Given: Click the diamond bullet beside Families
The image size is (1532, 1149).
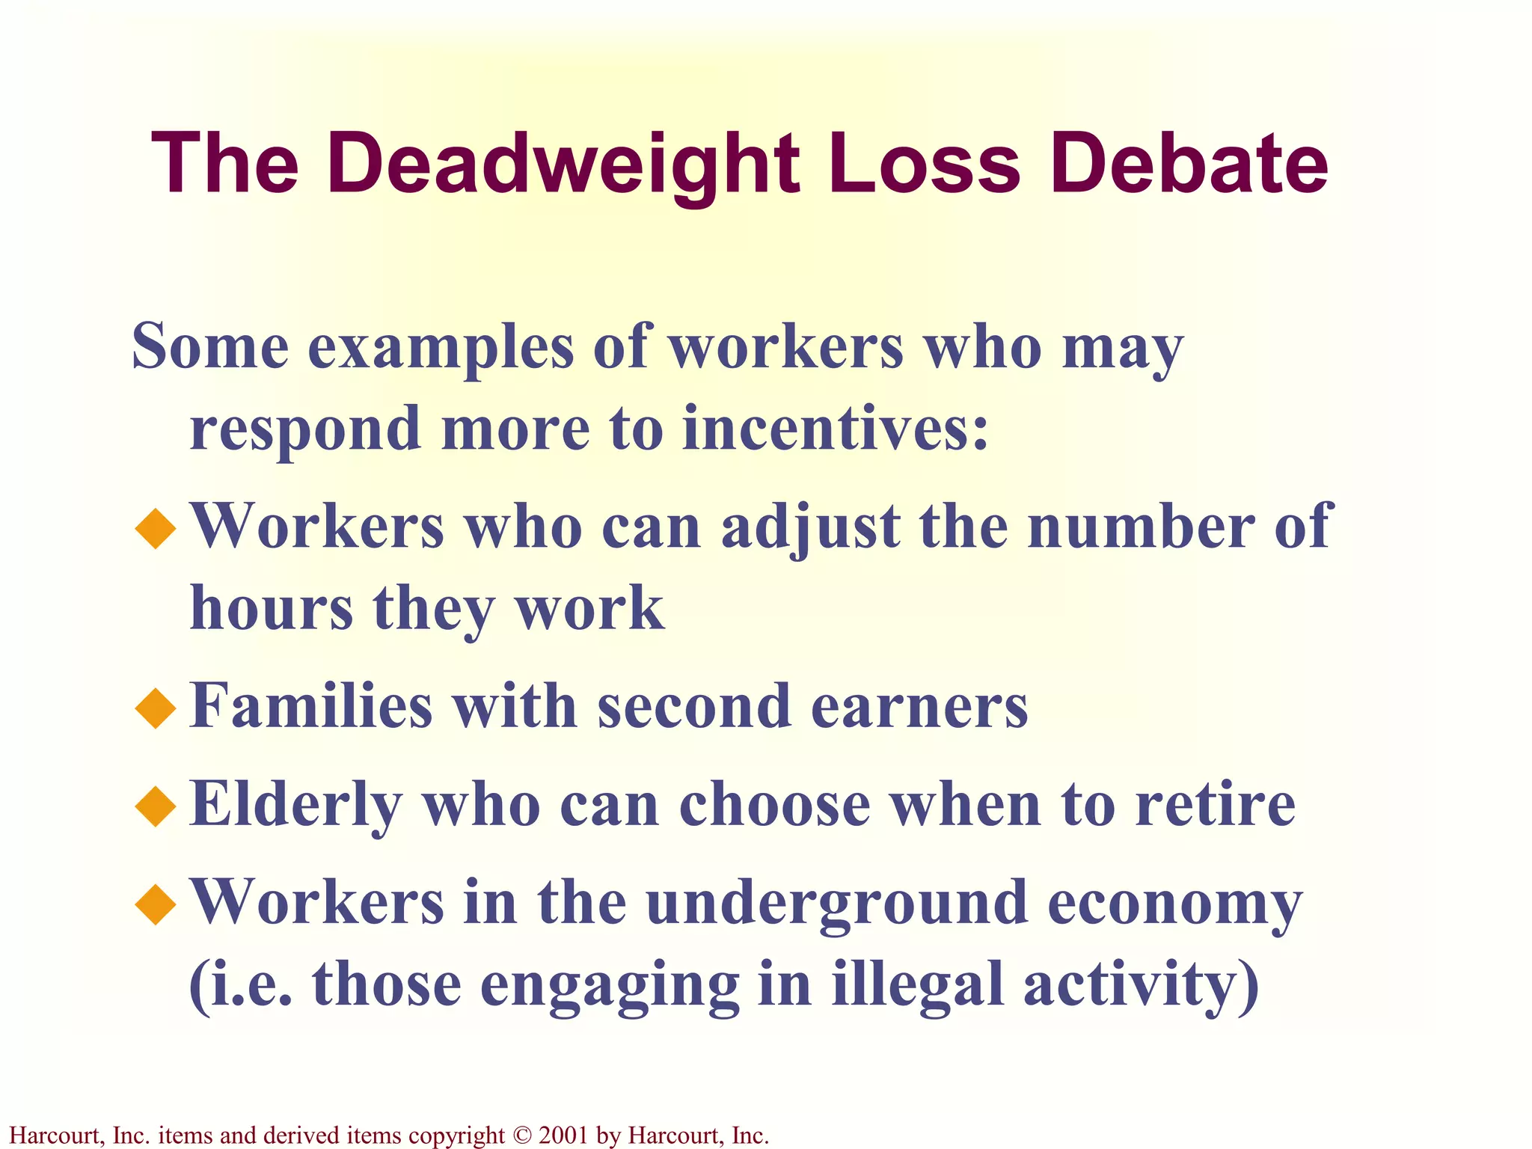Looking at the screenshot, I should tap(156, 708).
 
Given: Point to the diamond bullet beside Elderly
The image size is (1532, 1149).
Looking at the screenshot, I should tap(156, 806).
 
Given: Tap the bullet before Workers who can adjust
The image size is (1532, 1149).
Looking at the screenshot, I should tap(156, 528).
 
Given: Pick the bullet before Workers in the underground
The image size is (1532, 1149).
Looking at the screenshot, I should tap(156, 904).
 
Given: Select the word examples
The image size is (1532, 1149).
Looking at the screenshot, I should tap(441, 347).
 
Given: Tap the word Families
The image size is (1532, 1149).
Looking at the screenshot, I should tap(311, 706).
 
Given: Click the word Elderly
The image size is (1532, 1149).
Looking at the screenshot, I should tap(296, 806).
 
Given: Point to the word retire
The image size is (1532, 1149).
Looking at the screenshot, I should tap(1215, 805).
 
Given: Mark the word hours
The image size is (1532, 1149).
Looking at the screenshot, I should tap(272, 607).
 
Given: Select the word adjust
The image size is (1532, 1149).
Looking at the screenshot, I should tap(811, 528).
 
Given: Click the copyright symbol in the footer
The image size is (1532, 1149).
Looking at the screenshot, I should tap(521, 1135).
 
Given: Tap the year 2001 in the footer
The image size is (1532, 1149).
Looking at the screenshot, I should tap(563, 1135).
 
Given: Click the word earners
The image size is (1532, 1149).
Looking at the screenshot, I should tap(919, 706).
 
